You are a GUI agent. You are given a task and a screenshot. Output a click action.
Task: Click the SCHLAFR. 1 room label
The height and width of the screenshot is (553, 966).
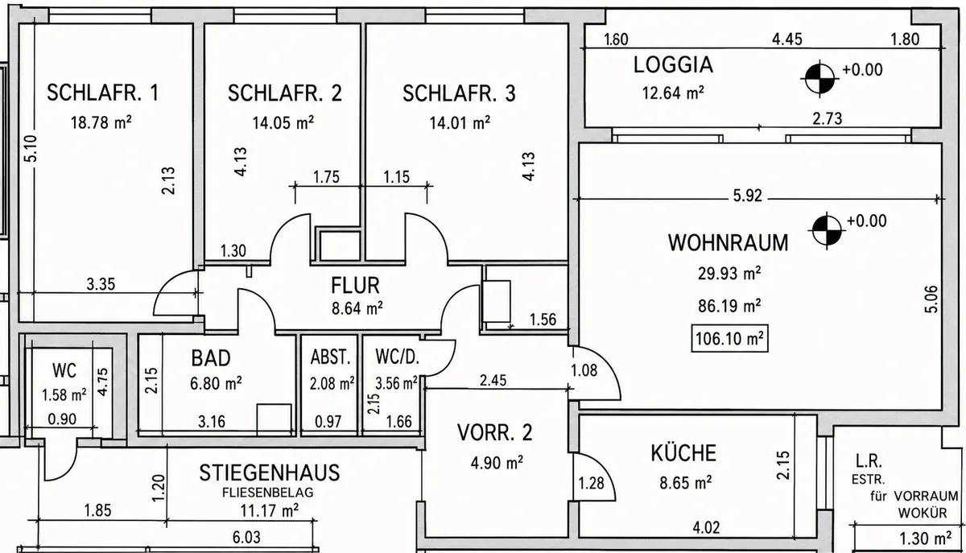click(103, 93)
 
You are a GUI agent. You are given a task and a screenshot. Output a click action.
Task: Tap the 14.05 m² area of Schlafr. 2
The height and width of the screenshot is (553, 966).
click(283, 123)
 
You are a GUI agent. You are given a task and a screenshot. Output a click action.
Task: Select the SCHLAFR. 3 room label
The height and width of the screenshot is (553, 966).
click(459, 93)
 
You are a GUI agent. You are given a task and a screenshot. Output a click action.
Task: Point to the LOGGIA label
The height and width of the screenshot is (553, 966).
click(673, 64)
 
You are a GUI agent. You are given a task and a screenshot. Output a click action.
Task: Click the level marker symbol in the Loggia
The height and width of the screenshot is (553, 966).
click(819, 79)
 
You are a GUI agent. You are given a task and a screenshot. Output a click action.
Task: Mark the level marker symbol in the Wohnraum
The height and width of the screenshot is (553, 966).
click(827, 230)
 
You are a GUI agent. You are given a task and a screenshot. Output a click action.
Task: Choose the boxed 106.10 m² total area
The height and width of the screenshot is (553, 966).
click(729, 339)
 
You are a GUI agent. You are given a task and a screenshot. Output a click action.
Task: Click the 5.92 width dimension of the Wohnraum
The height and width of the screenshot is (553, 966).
click(748, 196)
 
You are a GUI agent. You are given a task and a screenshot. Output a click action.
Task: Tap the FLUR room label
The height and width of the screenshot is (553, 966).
click(355, 285)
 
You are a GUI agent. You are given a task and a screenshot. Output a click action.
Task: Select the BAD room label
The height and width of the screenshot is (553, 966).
click(211, 358)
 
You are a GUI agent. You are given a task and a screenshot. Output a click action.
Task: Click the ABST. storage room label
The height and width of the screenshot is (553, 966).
click(330, 357)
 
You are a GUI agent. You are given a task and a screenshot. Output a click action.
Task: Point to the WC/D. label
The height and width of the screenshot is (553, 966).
click(397, 357)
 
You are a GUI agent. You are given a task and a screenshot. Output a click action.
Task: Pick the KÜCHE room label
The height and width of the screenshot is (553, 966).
click(683, 453)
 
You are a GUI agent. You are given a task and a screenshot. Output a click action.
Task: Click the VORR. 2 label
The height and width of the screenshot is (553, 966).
click(494, 432)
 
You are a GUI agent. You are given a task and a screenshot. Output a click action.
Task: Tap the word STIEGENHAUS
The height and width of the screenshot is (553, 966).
click(270, 473)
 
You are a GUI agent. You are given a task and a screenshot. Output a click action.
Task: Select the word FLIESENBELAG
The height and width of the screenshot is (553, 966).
click(268, 493)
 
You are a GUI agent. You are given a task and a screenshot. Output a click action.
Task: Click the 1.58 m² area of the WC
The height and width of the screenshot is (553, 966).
click(64, 394)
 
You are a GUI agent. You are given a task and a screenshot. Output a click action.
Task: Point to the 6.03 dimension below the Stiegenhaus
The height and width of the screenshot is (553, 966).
click(246, 538)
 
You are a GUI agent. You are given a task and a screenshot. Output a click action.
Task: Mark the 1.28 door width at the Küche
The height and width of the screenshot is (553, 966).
click(591, 483)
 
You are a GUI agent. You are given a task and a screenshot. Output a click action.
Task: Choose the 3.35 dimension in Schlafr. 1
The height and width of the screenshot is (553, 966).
click(101, 284)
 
